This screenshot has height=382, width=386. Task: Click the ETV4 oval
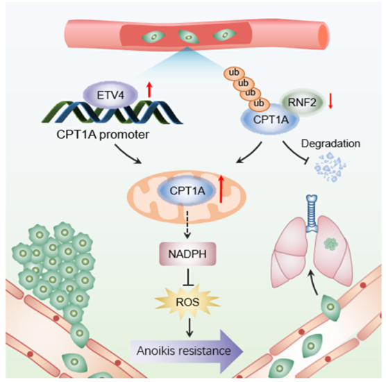[110, 95]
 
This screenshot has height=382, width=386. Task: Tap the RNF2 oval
[302, 102]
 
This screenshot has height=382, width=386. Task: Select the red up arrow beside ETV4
[149, 90]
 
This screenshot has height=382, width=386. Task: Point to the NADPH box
[187, 254]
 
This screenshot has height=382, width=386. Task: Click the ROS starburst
[187, 302]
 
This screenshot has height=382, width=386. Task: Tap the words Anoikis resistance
[184, 351]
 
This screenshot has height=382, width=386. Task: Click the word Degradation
[330, 143]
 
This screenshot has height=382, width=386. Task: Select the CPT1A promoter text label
[103, 135]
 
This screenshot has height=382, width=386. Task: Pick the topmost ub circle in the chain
[234, 73]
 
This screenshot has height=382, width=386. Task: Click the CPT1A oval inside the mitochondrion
[187, 190]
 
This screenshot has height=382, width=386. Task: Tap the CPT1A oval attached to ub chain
[270, 120]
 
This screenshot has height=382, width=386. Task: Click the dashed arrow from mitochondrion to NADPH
[187, 224]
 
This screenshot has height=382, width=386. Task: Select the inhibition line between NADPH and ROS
[188, 277]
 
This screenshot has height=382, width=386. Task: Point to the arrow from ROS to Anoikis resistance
[190, 328]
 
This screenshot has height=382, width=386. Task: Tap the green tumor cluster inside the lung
[330, 244]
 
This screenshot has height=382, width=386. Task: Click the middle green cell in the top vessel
[189, 37]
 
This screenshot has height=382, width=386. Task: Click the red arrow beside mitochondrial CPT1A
[221, 189]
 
